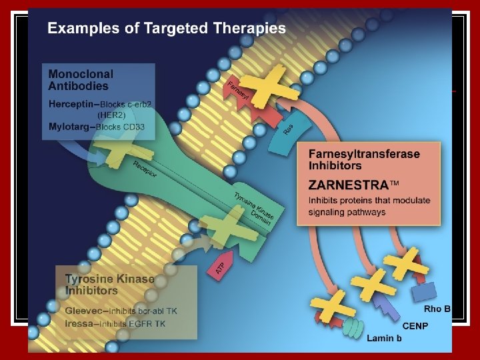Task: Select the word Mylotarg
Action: (x=70, y=127)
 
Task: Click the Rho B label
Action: (x=437, y=309)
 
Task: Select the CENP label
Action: (x=416, y=325)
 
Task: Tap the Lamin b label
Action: (x=384, y=338)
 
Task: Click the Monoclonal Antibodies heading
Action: (x=81, y=80)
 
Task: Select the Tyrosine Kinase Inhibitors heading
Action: (x=109, y=285)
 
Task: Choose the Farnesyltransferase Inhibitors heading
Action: (x=364, y=159)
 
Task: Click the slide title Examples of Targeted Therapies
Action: (x=167, y=29)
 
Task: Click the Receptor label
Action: (x=145, y=171)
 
